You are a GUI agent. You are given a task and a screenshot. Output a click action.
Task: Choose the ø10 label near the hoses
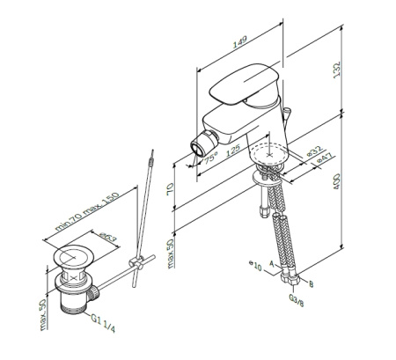[x=255, y=263]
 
